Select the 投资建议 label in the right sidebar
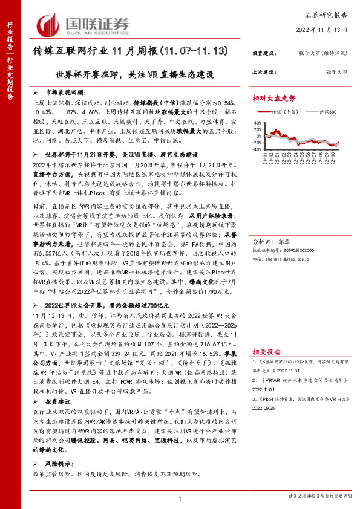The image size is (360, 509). pos(264,53)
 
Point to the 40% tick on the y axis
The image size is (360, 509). pos(258,122)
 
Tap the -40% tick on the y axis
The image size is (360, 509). pos(257,149)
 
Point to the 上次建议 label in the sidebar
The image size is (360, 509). pos(264,72)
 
